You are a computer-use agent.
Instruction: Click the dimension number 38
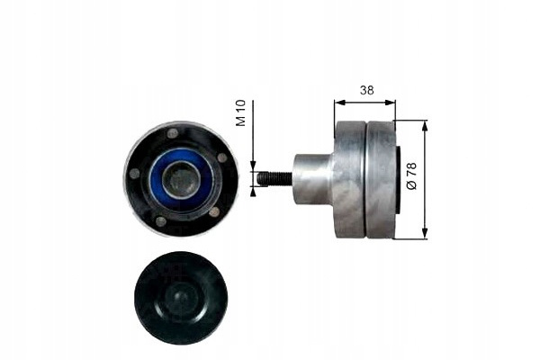pos(367,90)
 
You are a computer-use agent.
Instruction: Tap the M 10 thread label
pos(240,113)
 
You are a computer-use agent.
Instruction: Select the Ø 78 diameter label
pos(411,176)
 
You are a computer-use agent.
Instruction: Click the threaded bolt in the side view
pos(274,179)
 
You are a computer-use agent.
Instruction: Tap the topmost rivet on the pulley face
pos(172,133)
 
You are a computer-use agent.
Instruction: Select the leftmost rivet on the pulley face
pos(134,174)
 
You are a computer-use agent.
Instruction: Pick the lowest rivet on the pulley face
pos(161,220)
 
